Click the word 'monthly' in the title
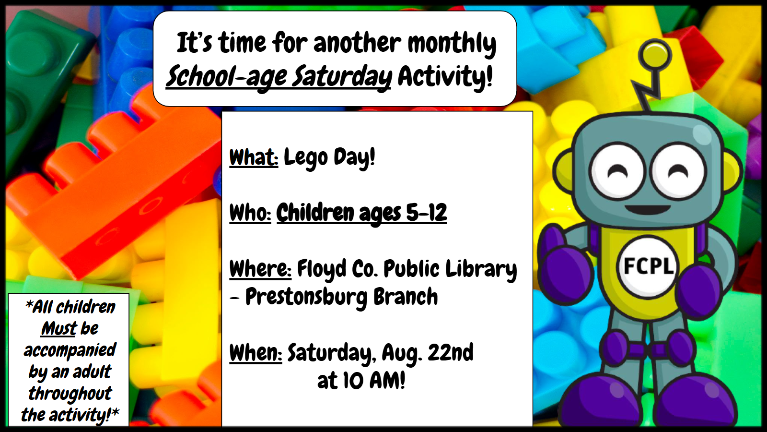[x=452, y=44]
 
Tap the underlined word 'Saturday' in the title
[x=342, y=77]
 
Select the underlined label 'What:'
[x=254, y=157]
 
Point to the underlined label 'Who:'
[x=250, y=213]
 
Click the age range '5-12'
[x=426, y=213]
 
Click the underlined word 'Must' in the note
[x=59, y=328]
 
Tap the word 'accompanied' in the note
[x=70, y=350]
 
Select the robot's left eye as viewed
[x=618, y=171]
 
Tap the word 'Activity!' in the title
[x=445, y=77]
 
